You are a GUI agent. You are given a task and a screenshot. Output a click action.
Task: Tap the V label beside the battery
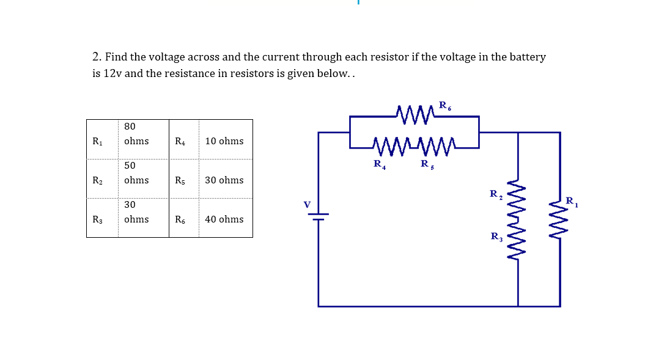pyautogui.click(x=307, y=204)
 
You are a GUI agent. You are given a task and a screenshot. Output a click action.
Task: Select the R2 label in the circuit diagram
pyautogui.click(x=496, y=194)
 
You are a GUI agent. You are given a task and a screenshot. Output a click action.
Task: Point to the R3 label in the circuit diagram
pyautogui.click(x=496, y=237)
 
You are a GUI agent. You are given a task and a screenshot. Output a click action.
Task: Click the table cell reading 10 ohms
pyautogui.click(x=224, y=141)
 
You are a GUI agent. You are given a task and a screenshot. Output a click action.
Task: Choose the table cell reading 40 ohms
pyautogui.click(x=224, y=219)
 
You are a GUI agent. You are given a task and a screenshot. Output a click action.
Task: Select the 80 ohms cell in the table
pyautogui.click(x=136, y=134)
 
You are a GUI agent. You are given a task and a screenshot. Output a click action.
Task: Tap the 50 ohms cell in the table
pyautogui.click(x=136, y=173)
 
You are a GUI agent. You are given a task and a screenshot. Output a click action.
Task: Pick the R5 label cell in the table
pyautogui.click(x=180, y=180)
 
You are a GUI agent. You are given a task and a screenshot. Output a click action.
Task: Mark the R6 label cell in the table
pyautogui.click(x=180, y=219)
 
